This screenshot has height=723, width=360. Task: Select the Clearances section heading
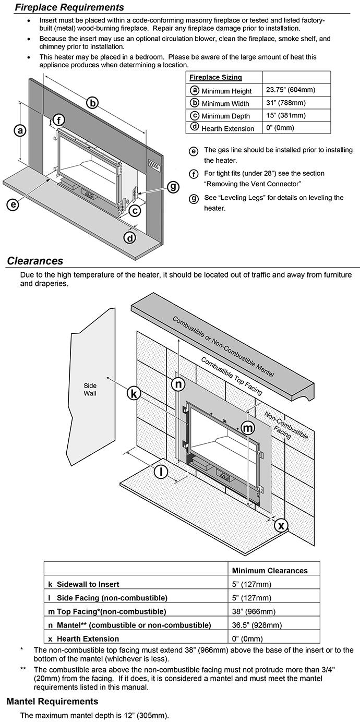pyautogui.click(x=35, y=261)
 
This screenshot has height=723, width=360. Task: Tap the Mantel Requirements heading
pyautogui.click(x=52, y=701)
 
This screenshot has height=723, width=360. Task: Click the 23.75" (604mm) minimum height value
pyautogui.click(x=290, y=90)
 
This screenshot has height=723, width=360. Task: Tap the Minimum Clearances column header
pyautogui.click(x=269, y=570)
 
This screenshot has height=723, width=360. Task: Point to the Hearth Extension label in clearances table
pyautogui.click(x=88, y=638)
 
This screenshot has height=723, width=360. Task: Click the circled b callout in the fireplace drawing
pyautogui.click(x=92, y=102)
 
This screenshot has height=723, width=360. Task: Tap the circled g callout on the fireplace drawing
pyautogui.click(x=173, y=186)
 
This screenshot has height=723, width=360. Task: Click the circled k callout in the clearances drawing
pyautogui.click(x=134, y=394)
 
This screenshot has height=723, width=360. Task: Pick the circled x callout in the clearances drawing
pyautogui.click(x=281, y=525)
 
